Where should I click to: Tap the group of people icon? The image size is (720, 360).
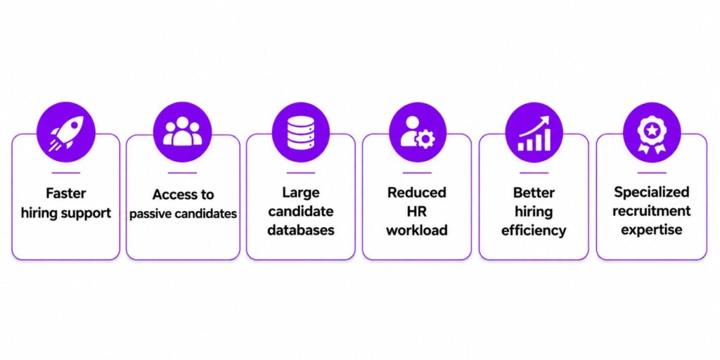click(x=182, y=131)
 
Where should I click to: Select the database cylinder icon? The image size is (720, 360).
click(x=301, y=131)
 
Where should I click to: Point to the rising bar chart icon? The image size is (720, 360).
click(x=534, y=133)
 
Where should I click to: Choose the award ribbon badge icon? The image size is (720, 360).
click(x=652, y=134)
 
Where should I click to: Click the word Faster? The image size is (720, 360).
click(x=65, y=193)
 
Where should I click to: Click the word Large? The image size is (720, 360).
click(x=300, y=192)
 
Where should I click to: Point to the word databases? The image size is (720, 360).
click(x=301, y=230)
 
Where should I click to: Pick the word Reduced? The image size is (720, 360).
click(x=416, y=193)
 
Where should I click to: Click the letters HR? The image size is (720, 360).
click(x=416, y=211)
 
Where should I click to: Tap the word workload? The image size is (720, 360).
click(x=416, y=230)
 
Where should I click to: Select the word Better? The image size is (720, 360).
click(x=533, y=193)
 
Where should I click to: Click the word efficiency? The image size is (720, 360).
click(x=533, y=230)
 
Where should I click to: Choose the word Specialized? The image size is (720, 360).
click(x=652, y=193)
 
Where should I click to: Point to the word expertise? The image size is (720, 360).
click(x=652, y=230)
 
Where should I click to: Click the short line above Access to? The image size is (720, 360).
click(x=182, y=173)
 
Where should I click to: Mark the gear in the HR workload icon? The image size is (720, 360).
click(x=425, y=140)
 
